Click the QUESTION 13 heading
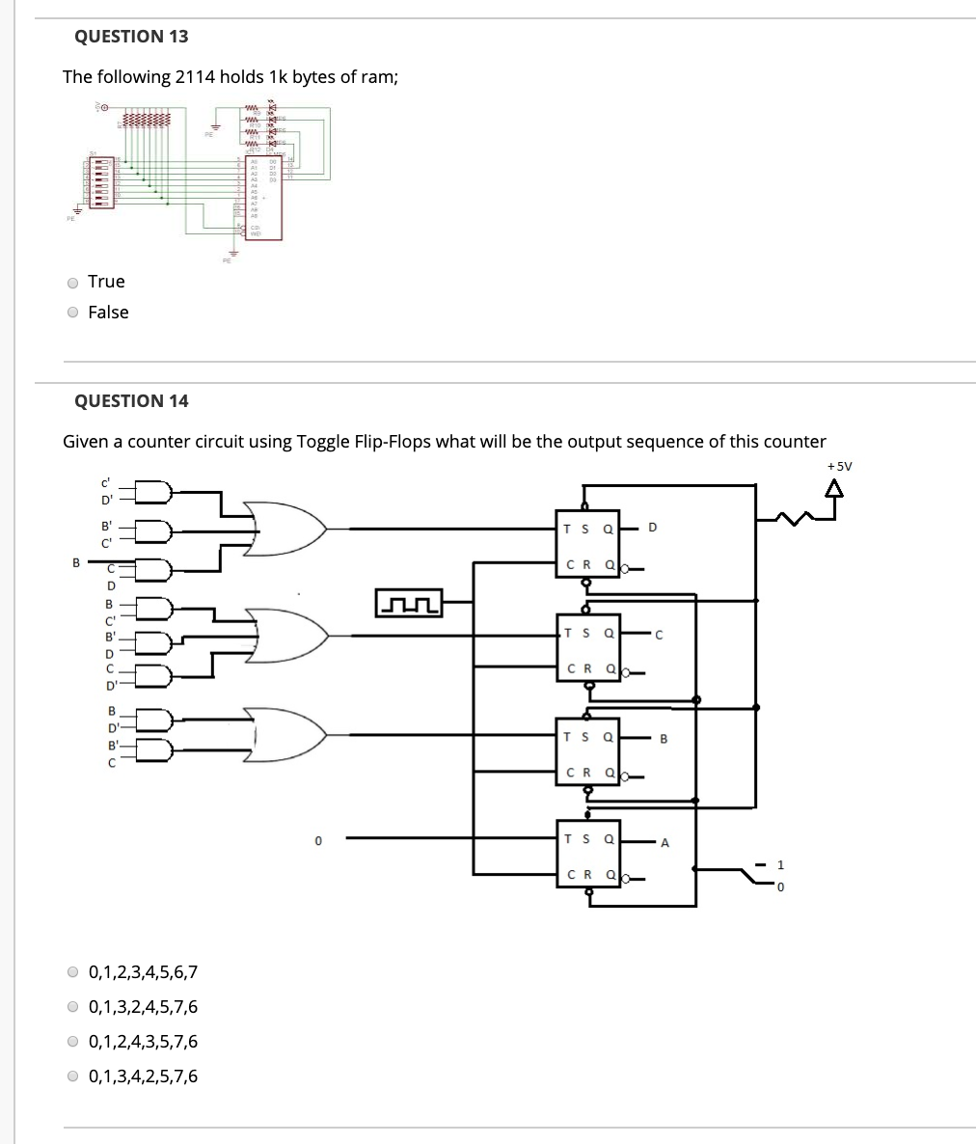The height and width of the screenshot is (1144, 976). [131, 37]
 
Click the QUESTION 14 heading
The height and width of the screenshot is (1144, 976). [131, 401]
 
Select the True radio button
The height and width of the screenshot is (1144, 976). [73, 283]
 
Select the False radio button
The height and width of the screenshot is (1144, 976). [73, 313]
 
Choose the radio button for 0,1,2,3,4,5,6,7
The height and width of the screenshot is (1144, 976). [73, 972]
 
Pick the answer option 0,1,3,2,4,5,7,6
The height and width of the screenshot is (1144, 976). [73, 1007]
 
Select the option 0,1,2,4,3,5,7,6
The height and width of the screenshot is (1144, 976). [73, 1042]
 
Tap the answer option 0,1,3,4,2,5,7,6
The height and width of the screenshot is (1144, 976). [73, 1076]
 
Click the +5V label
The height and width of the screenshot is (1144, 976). [839, 466]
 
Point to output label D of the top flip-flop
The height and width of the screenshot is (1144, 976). [653, 528]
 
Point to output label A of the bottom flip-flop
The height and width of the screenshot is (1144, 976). [664, 843]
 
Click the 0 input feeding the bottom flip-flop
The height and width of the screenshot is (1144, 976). [316, 843]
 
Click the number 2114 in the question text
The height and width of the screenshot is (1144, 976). [194, 77]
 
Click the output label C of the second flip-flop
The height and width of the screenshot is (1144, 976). [658, 634]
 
